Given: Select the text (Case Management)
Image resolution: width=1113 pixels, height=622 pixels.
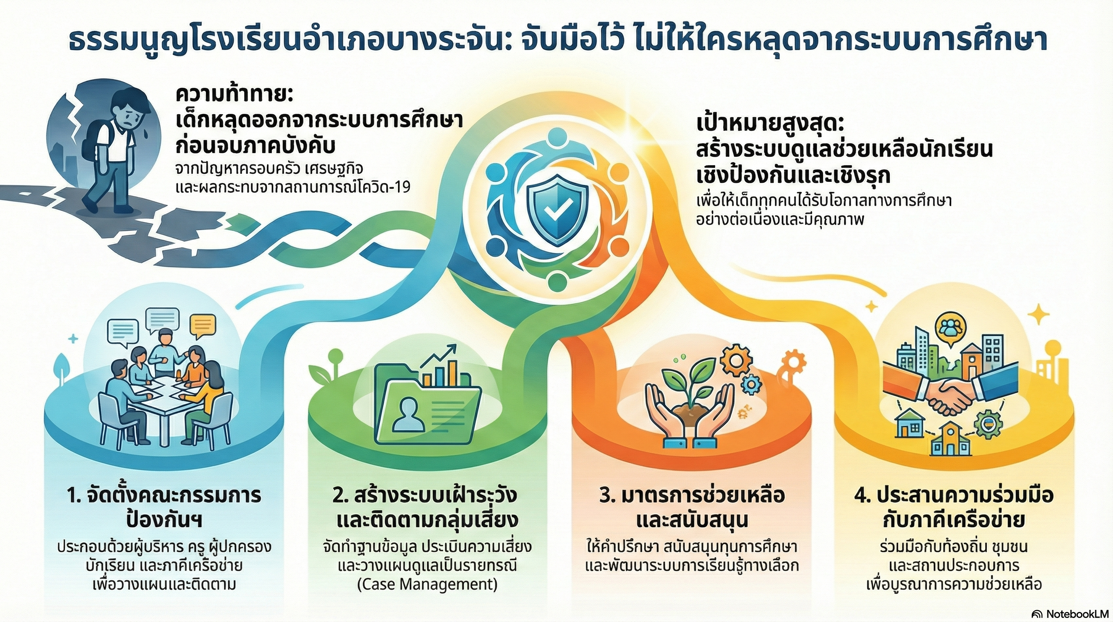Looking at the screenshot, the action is (427, 584).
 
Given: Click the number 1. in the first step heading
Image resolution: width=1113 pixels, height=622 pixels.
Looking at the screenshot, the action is (74, 496).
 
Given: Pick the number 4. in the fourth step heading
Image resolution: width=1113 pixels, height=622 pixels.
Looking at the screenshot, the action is (862, 496).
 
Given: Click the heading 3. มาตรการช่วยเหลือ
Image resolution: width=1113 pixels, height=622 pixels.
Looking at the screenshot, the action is (691, 496).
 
